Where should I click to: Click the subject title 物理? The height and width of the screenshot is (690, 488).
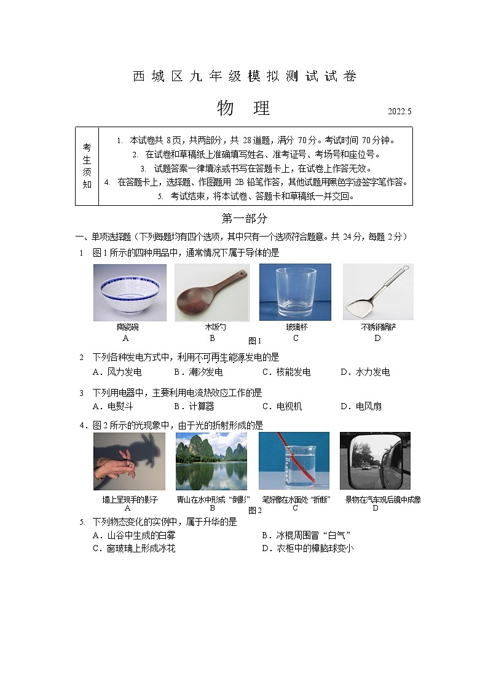244,108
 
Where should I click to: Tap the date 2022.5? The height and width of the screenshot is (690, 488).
399,112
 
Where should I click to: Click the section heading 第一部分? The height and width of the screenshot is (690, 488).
244,218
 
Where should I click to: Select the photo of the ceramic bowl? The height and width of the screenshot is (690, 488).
130,292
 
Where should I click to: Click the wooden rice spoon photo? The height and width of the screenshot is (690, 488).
212,292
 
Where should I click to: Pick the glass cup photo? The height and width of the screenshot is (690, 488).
295,292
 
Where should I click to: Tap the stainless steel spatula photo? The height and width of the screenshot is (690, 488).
377,292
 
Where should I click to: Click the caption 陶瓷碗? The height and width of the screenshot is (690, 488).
127,327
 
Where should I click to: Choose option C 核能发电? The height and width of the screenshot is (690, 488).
286,372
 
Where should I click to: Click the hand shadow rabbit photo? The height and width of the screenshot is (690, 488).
130,461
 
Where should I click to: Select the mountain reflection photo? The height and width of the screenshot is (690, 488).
211,461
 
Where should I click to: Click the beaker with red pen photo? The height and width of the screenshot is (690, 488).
294,461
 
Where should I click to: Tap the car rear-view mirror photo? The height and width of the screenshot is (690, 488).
375,461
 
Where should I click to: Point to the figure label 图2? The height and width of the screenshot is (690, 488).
255,510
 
